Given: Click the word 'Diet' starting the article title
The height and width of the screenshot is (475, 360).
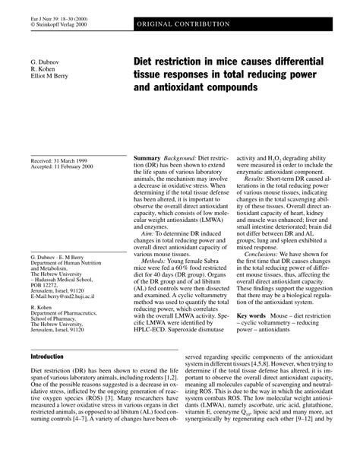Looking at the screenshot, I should pyautogui.click(x=147, y=60).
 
